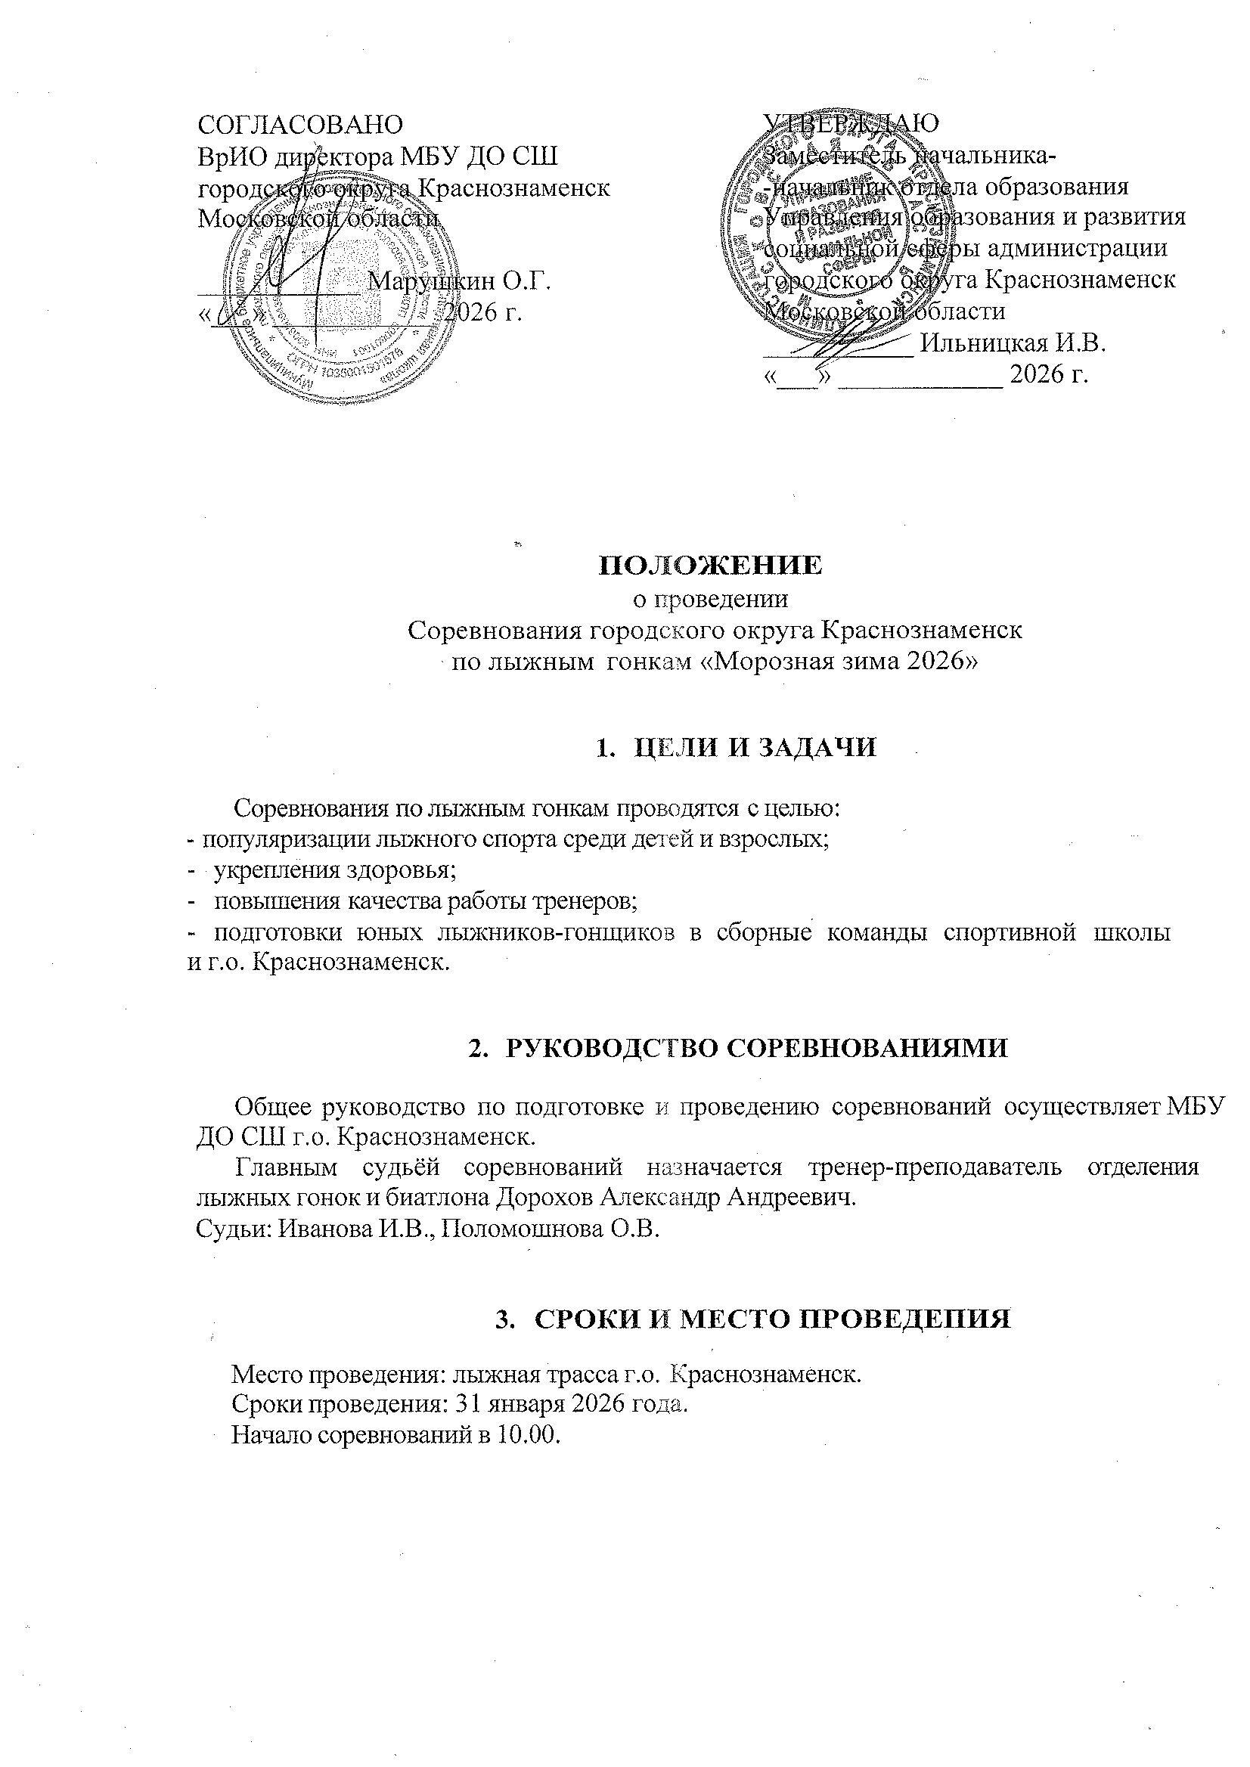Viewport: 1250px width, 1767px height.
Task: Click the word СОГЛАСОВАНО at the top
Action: pyautogui.click(x=300, y=124)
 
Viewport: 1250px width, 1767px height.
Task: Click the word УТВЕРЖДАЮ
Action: pyautogui.click(x=851, y=123)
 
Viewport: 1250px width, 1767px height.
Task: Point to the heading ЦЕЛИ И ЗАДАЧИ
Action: pyautogui.click(x=753, y=747)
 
